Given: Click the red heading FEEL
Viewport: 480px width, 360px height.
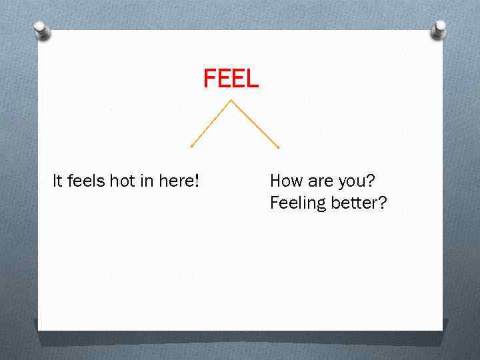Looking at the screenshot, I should (231, 79).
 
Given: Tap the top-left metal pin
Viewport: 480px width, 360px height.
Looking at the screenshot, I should (42, 30).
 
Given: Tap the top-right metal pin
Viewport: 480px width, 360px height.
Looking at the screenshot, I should (439, 29).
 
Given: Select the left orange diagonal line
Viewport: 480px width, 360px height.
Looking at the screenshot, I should (211, 123).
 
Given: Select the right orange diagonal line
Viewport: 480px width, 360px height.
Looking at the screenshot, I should (255, 123).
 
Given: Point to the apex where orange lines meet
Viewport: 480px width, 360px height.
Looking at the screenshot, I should (231, 101).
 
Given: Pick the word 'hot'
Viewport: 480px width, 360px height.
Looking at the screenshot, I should (123, 181).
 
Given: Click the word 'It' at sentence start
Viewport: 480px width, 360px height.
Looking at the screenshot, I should (57, 181).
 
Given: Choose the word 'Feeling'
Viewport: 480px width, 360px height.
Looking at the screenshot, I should (297, 203).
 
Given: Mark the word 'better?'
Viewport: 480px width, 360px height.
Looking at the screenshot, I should (359, 203).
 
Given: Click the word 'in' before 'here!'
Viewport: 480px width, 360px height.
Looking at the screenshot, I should (147, 181).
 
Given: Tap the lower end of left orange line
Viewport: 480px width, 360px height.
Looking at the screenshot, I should (191, 146).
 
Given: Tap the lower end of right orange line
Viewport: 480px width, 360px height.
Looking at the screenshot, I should (278, 147).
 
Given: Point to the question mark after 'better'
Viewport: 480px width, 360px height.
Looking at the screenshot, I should (382, 203).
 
